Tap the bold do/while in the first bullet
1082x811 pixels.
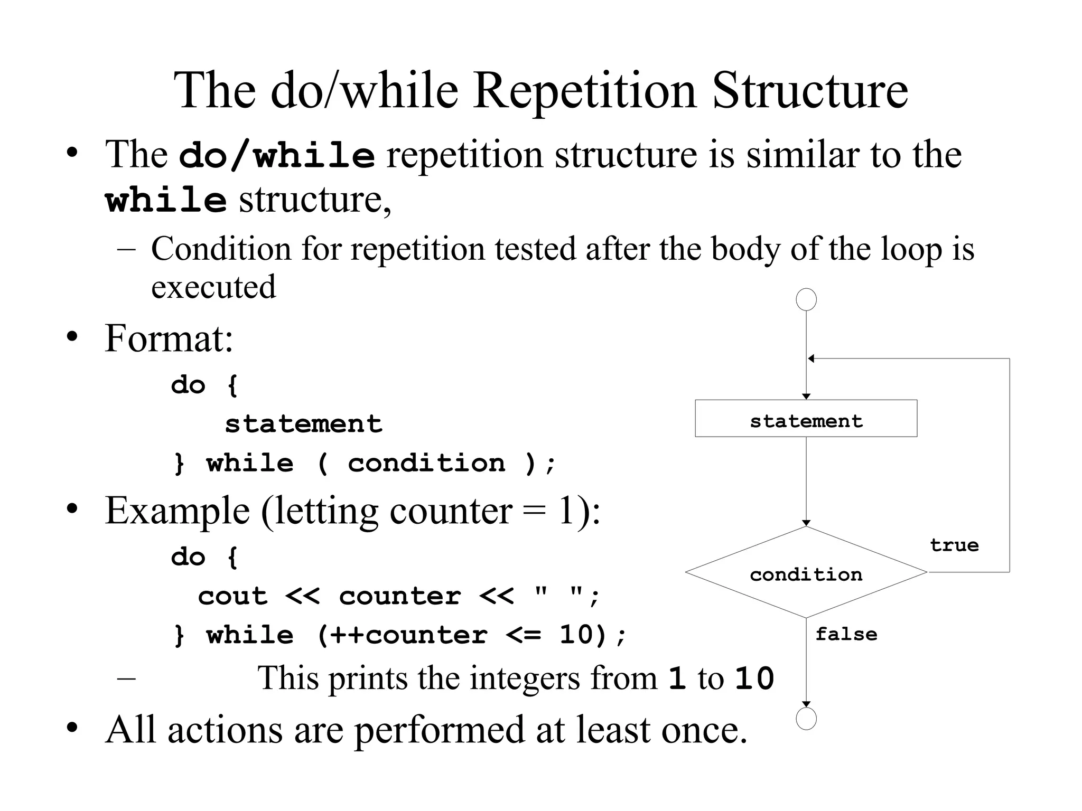pyautogui.click(x=277, y=156)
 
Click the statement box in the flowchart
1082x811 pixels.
pyautogui.click(x=806, y=418)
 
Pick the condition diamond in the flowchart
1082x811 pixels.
pyautogui.click(x=806, y=573)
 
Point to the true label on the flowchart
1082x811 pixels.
pyautogui.click(x=954, y=545)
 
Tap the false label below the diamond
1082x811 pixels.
pyautogui.click(x=846, y=634)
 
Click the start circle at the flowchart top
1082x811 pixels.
pyautogui.click(x=806, y=299)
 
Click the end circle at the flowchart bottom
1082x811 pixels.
pyautogui.click(x=806, y=719)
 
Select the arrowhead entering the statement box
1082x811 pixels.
pyautogui.click(x=806, y=397)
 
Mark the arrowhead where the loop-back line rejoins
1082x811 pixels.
pyautogui.click(x=811, y=359)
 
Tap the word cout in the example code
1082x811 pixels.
pyautogui.click(x=232, y=597)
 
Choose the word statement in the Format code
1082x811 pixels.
pyautogui.click(x=303, y=424)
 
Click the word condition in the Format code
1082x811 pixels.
pyautogui.click(x=426, y=463)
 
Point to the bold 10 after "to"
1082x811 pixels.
pyautogui.click(x=754, y=679)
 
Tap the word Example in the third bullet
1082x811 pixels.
pyautogui.click(x=177, y=511)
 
